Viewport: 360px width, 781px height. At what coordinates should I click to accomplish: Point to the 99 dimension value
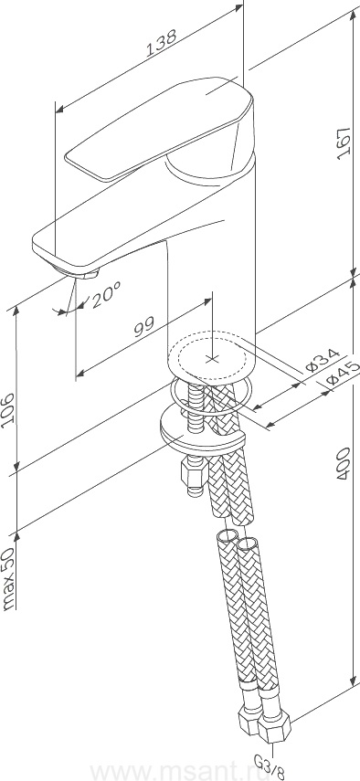[x=143, y=328]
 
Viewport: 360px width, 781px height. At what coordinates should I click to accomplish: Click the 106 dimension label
[x=9, y=409]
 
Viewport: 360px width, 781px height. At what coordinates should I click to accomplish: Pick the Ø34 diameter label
[x=323, y=361]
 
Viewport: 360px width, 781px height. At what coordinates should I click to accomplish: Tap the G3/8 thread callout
[x=270, y=767]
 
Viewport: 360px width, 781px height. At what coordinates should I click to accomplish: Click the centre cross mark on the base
[x=213, y=358]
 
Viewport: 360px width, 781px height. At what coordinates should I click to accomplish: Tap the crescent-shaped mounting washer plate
[x=203, y=432]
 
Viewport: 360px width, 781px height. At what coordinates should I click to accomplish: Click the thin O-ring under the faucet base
[x=209, y=396]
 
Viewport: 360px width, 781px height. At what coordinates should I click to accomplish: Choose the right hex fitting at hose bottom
[x=274, y=727]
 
